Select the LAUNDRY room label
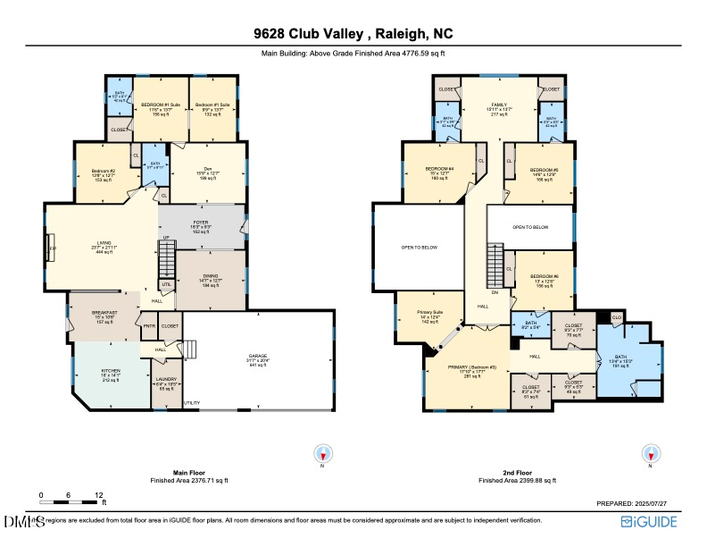[166, 384]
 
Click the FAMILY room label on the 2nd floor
[499, 104]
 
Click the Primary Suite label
[430, 313]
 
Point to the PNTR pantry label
[148, 326]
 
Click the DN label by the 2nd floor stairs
[495, 290]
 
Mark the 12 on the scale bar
[99, 494]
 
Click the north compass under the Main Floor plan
[323, 453]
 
